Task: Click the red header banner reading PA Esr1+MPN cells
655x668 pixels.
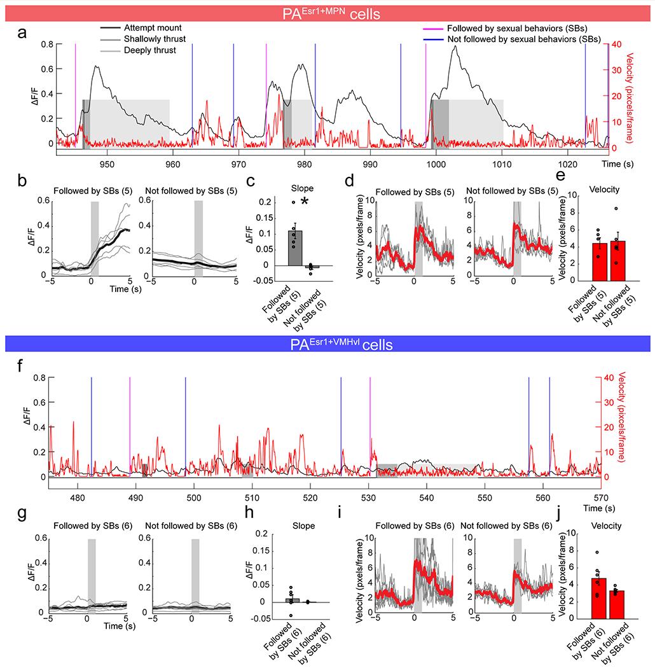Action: [x=327, y=11]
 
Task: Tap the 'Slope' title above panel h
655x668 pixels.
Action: [x=293, y=525]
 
